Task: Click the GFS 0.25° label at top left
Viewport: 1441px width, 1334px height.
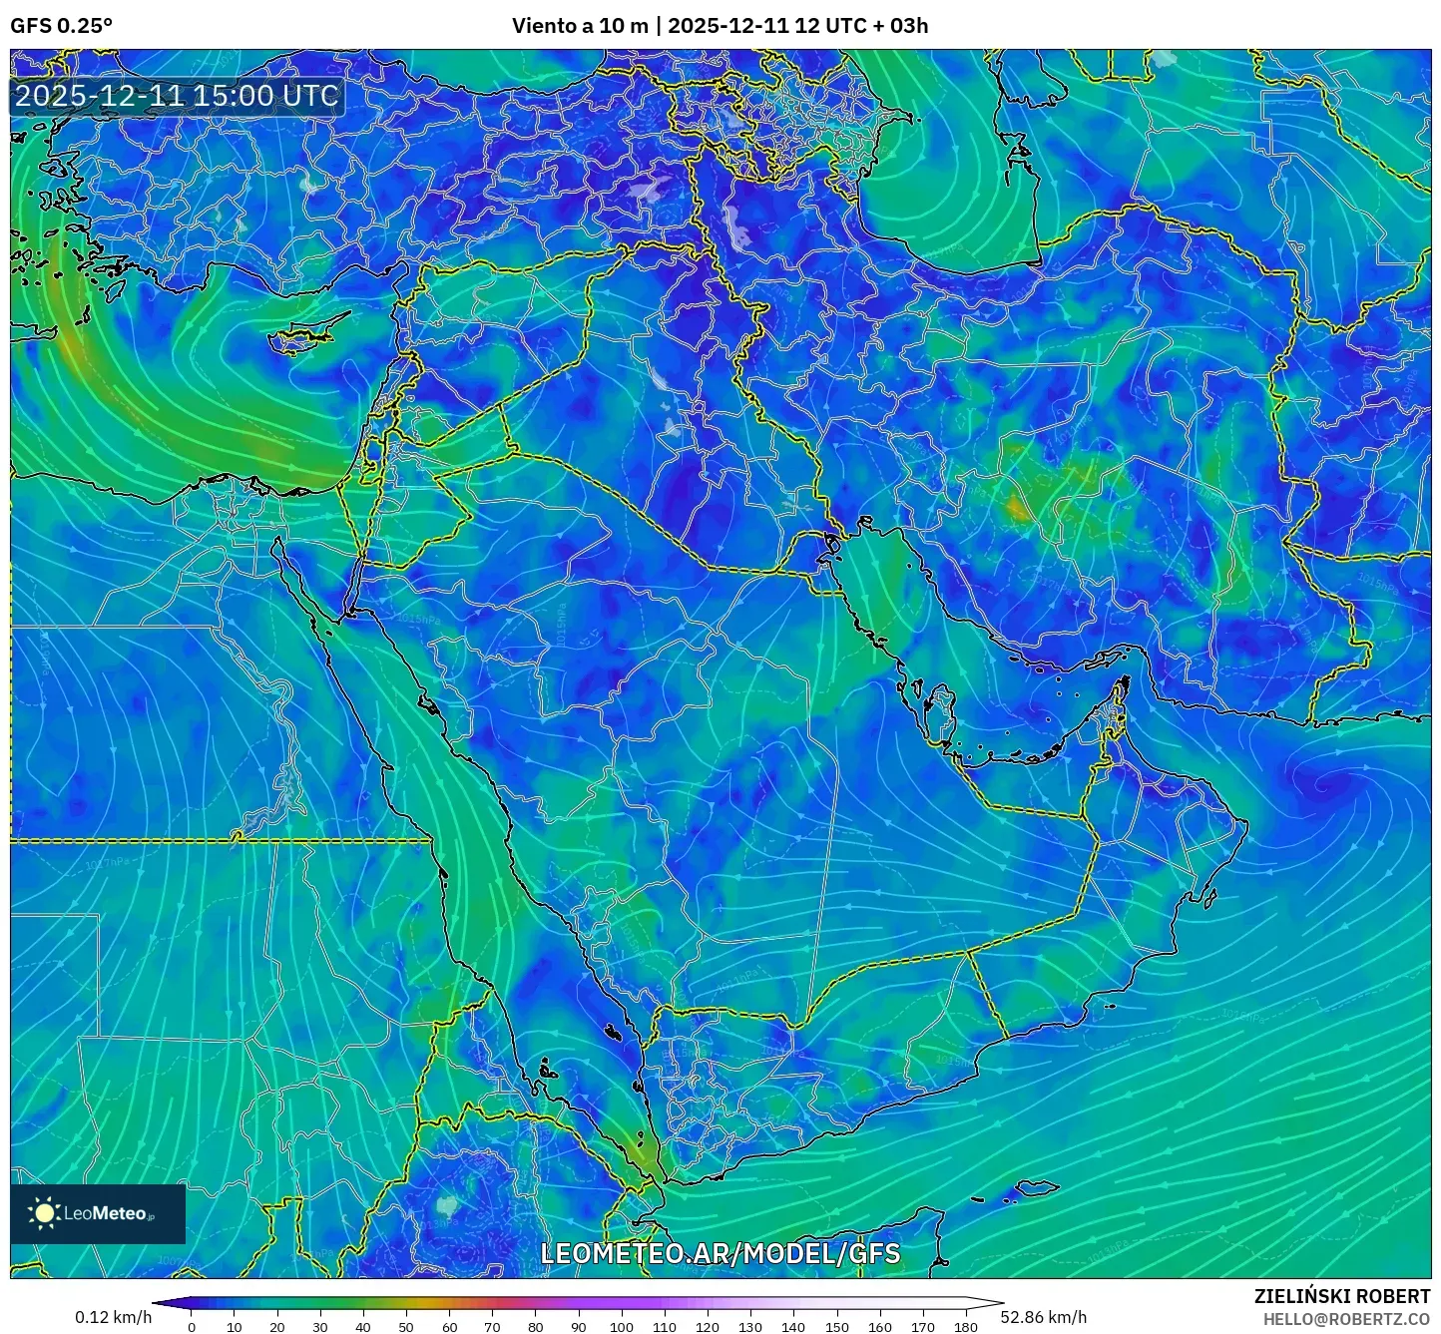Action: tap(61, 26)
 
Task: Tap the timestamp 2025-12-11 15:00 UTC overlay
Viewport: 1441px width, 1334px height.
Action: tap(177, 96)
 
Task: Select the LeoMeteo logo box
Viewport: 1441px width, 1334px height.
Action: tap(98, 1213)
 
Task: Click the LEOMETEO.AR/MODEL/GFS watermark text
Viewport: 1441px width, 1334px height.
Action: tap(720, 1253)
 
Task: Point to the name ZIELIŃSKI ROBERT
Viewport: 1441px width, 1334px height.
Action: tap(1341, 1296)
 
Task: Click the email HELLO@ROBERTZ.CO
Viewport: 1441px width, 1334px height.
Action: tap(1346, 1319)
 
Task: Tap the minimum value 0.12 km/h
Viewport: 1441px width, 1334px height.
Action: tap(113, 1317)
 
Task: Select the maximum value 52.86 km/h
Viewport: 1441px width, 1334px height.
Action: tap(1043, 1317)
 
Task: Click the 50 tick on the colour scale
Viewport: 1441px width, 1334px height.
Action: tap(406, 1326)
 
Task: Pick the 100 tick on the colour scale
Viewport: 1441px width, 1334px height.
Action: tap(621, 1326)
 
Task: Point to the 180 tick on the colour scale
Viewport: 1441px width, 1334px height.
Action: tap(965, 1326)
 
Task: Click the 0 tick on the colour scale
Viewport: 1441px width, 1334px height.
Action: tap(192, 1326)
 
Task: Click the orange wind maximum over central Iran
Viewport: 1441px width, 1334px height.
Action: tap(1018, 510)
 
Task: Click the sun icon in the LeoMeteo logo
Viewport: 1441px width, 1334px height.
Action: tap(44, 1213)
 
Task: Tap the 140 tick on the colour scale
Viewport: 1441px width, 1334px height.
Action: tap(793, 1326)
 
